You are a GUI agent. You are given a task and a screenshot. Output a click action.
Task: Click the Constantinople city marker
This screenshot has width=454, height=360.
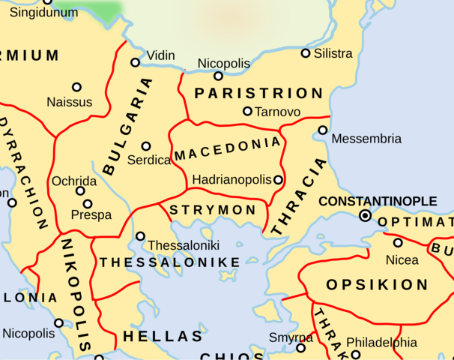click(x=365, y=215)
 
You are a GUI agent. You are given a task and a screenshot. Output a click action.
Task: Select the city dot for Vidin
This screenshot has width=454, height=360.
click(x=136, y=62)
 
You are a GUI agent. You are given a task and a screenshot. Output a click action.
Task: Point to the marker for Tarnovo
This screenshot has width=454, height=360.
click(x=247, y=111)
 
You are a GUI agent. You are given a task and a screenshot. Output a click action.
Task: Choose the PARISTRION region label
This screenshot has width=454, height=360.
click(x=258, y=94)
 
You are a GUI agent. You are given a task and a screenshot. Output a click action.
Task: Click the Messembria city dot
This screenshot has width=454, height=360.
click(x=323, y=130)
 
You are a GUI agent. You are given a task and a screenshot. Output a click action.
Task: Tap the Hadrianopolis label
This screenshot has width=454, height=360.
click(x=231, y=180)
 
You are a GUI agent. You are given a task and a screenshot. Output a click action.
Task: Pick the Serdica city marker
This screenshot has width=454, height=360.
click(x=146, y=146)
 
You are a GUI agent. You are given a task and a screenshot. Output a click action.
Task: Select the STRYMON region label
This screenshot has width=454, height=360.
click(x=213, y=210)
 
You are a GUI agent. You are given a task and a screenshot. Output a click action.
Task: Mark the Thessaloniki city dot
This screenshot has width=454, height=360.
click(x=140, y=236)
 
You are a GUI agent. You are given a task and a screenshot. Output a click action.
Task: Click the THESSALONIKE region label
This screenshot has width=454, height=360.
click(x=170, y=262)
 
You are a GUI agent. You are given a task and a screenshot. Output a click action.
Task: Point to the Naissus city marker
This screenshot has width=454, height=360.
click(x=76, y=87)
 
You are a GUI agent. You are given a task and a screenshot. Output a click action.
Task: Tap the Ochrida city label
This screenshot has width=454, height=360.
click(x=74, y=181)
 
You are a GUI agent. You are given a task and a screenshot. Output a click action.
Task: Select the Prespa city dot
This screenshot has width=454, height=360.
click(x=88, y=204)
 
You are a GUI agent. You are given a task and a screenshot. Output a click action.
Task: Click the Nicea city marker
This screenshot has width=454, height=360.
click(x=398, y=242)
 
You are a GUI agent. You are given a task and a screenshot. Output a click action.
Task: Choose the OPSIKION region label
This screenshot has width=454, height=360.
click(x=377, y=285)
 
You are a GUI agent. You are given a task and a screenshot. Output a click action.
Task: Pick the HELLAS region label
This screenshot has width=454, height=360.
click(x=163, y=337)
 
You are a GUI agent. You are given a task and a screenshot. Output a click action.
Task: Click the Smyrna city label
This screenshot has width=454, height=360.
click(x=291, y=337)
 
